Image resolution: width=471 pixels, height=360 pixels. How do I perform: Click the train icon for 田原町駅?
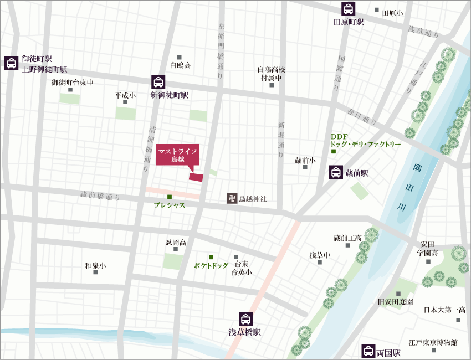tap(348, 9)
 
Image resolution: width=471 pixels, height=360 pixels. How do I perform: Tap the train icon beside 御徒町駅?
tap(11, 63)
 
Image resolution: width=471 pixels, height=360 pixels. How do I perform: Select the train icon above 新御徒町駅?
tap(158, 82)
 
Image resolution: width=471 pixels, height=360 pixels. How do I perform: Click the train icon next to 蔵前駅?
tap(335, 172)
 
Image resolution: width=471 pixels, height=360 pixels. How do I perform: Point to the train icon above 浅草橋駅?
tap(244, 319)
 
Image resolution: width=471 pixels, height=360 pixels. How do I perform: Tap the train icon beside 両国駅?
tap(367, 351)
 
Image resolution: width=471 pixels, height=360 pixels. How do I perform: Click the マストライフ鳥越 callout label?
tap(177, 155)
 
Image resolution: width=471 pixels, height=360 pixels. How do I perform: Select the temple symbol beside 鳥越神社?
tap(231, 198)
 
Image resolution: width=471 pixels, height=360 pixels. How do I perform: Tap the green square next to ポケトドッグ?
tap(211, 257)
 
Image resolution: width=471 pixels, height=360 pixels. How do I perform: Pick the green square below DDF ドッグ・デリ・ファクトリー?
tap(334, 151)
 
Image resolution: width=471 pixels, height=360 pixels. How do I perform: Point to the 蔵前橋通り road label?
tap(100, 195)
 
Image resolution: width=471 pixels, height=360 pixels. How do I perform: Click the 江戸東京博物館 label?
tap(433, 343)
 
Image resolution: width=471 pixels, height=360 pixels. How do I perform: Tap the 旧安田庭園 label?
tap(397, 302)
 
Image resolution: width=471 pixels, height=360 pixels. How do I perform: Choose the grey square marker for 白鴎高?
tap(180, 58)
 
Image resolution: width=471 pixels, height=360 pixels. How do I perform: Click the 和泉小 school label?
tap(95, 266)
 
